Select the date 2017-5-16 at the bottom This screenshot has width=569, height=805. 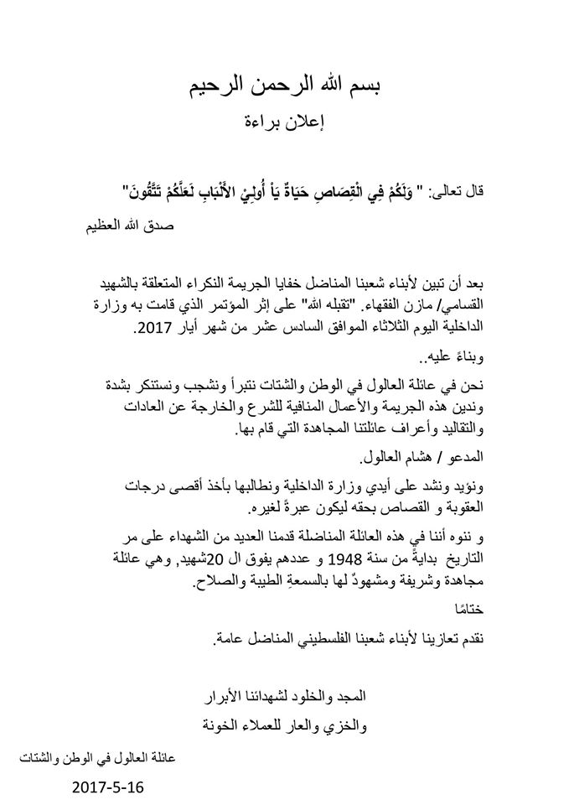[x=107, y=787]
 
